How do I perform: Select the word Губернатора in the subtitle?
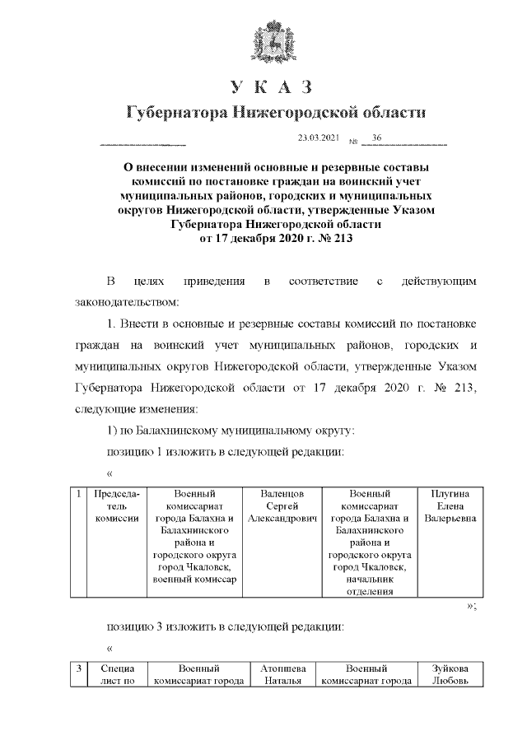click(174, 113)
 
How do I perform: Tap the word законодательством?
click(120, 301)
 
